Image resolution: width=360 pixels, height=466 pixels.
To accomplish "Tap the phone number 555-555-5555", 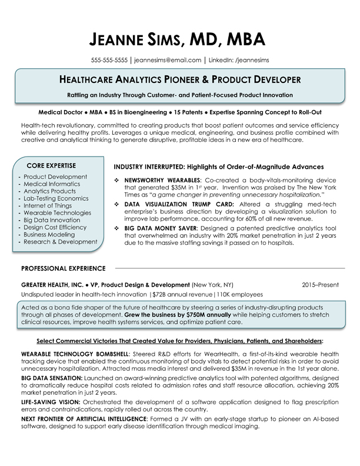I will (x=109, y=60).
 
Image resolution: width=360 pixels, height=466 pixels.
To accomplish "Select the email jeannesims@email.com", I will (x=168, y=60).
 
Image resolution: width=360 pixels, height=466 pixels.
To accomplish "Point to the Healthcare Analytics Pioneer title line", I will (x=180, y=79).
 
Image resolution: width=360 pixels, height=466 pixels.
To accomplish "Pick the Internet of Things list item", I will (x=48, y=205).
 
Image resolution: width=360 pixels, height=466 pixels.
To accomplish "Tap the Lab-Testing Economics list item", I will (x=56, y=198).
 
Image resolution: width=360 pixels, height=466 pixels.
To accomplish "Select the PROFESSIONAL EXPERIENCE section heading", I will (x=63, y=268).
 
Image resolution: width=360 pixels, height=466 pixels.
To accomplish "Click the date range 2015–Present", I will (x=320, y=285).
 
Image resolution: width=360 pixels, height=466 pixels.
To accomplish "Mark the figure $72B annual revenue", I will (x=183, y=294).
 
